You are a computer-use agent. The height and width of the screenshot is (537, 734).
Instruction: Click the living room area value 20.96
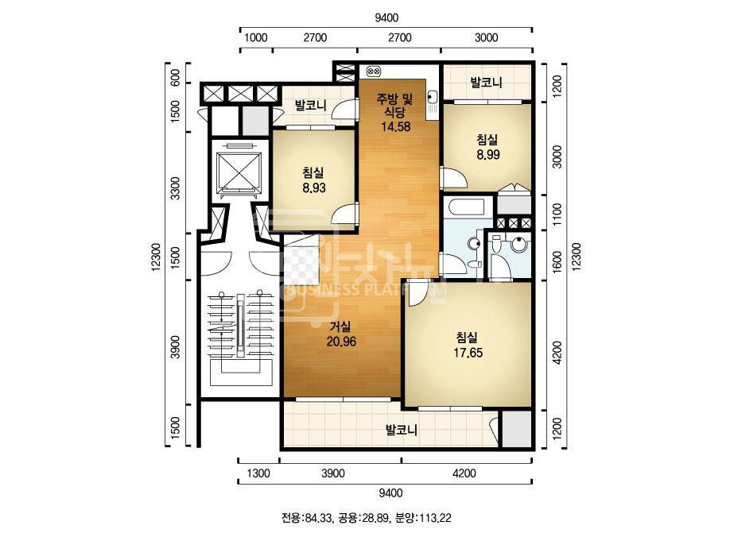(341, 342)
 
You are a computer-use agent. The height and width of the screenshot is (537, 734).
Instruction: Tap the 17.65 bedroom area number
(468, 353)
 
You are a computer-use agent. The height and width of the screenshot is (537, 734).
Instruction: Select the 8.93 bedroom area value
(314, 188)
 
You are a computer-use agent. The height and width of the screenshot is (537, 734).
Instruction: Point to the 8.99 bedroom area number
(488, 154)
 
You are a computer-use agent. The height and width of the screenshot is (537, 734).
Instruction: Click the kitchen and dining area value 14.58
(395, 126)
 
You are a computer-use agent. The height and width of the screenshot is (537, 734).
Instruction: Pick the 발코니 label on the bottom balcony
(401, 430)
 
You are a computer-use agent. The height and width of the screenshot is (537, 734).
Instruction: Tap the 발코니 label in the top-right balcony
(487, 83)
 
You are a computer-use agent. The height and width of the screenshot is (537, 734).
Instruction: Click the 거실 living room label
(340, 326)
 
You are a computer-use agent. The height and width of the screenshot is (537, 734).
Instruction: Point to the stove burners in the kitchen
(374, 71)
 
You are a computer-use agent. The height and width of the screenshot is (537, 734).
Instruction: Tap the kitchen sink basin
(432, 96)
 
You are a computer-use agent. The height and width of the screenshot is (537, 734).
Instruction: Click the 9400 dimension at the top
(386, 17)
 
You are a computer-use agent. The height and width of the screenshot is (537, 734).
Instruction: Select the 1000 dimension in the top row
(255, 37)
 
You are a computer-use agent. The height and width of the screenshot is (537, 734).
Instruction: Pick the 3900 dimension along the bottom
(333, 473)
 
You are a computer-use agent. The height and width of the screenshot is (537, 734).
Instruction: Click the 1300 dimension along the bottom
(258, 473)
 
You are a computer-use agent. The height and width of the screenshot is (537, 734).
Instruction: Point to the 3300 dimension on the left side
(175, 188)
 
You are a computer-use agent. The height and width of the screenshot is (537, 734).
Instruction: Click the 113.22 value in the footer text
(435, 518)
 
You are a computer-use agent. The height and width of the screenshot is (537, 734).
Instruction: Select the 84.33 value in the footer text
(318, 518)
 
